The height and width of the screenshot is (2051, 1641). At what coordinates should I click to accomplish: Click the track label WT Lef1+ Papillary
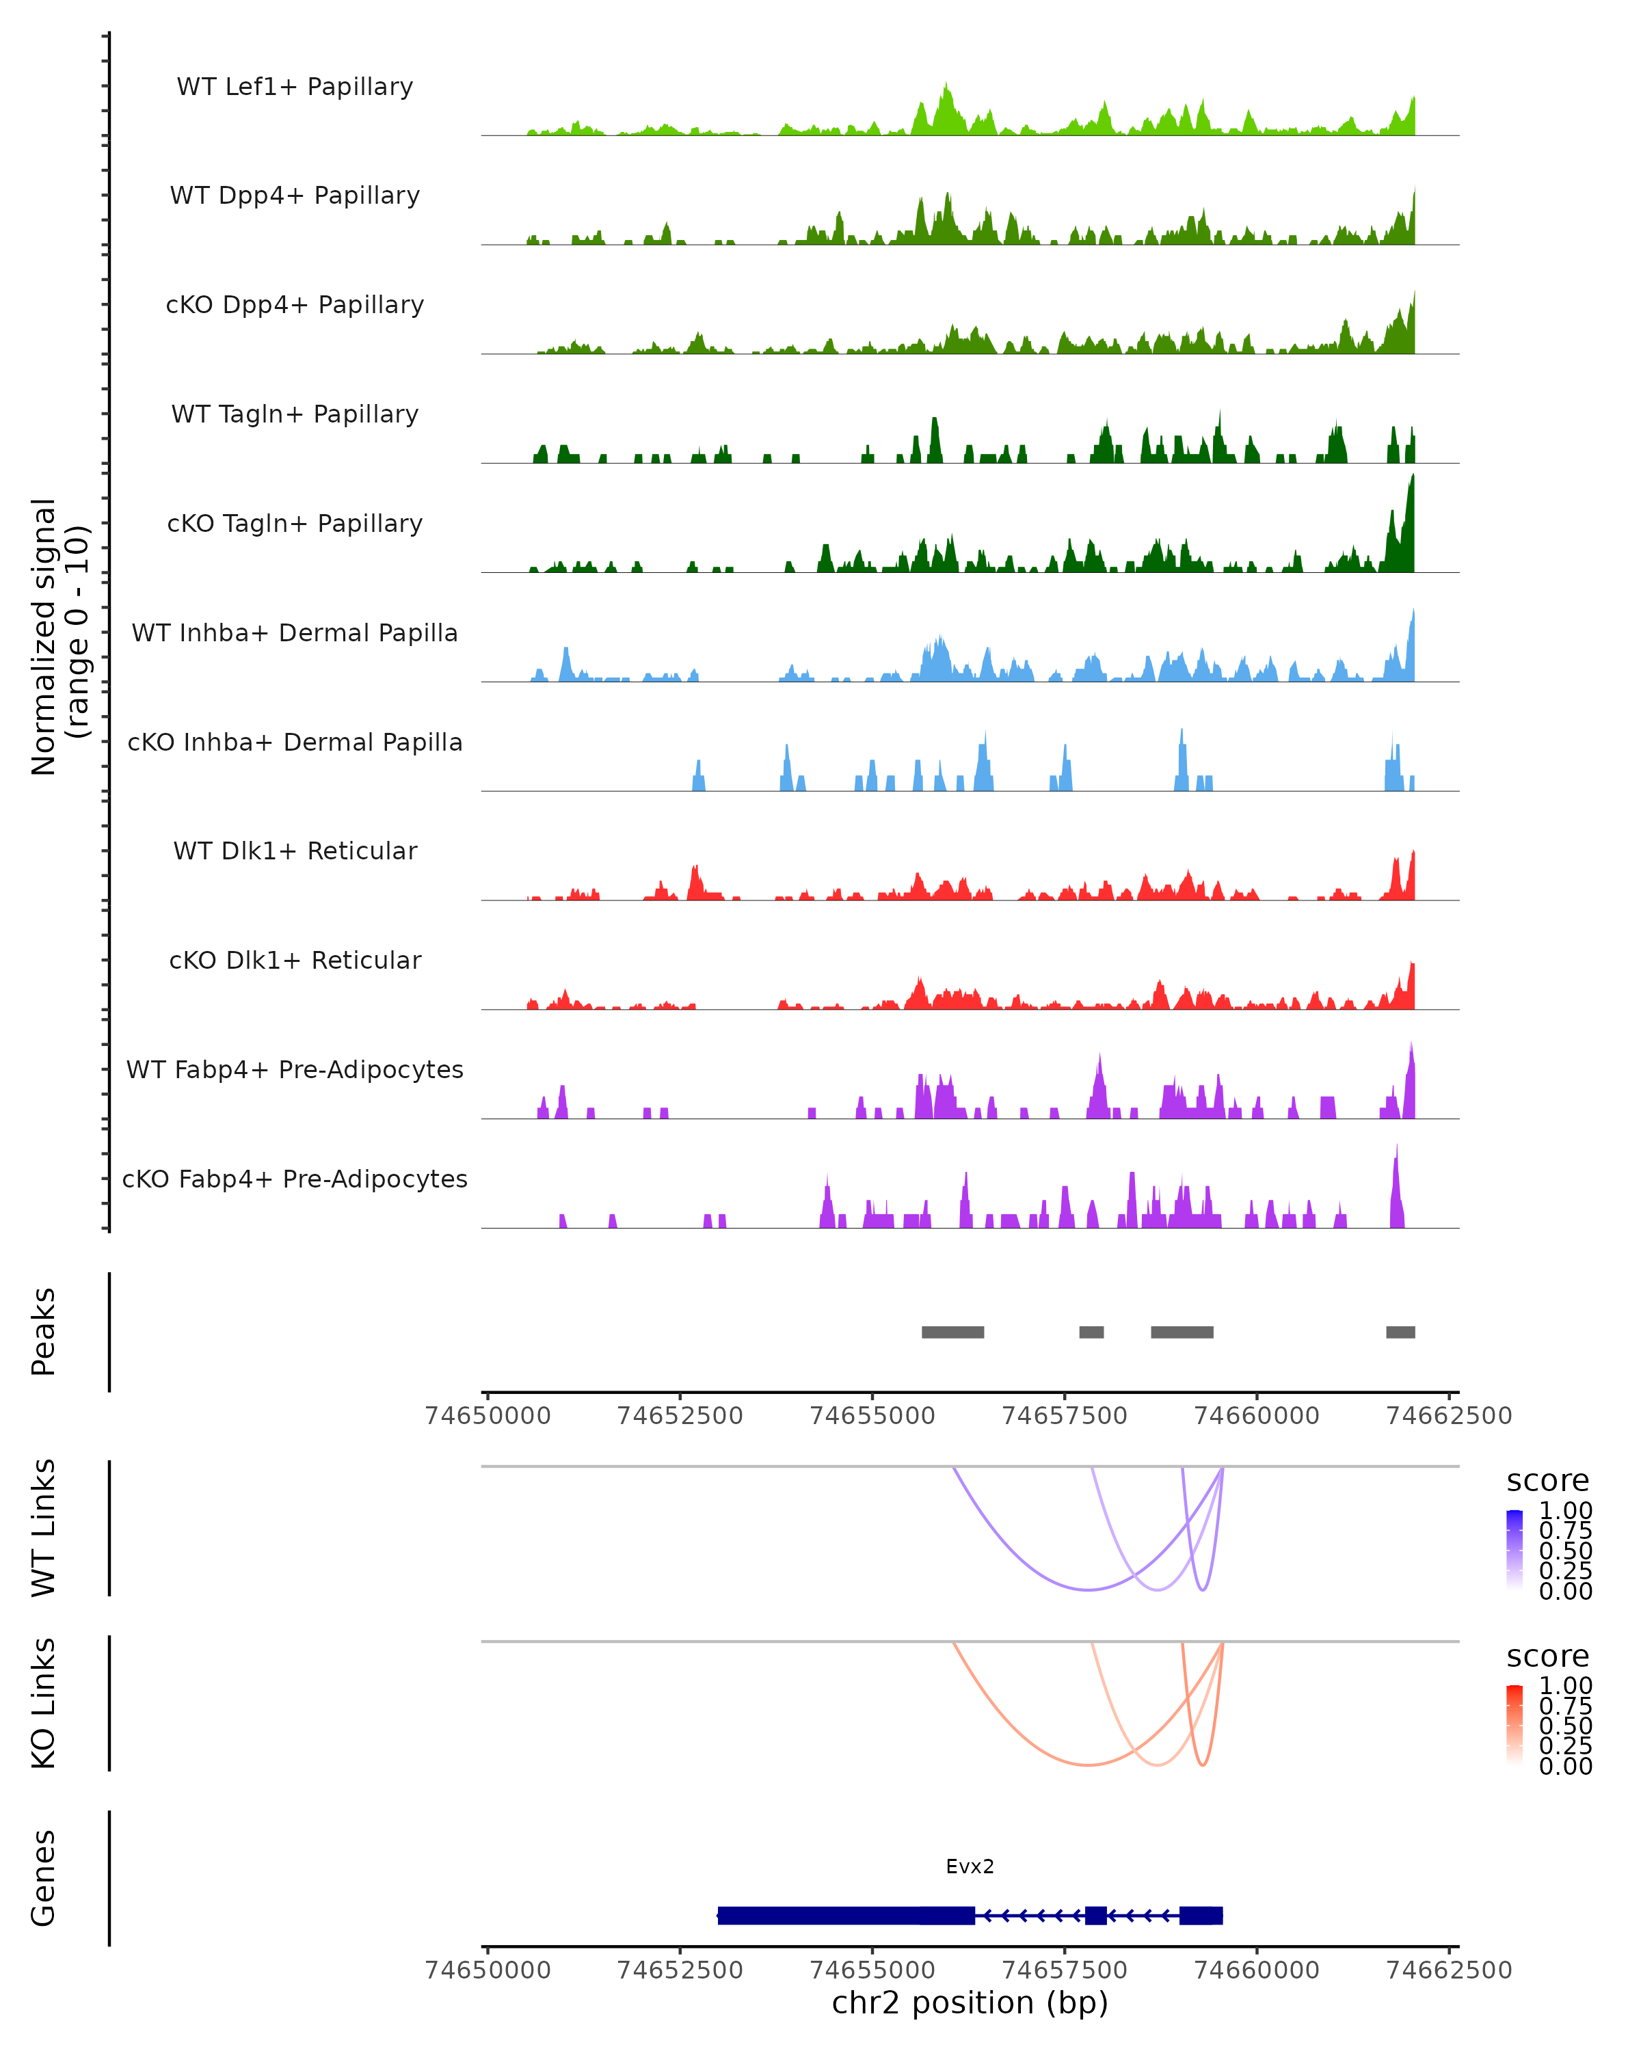(295, 87)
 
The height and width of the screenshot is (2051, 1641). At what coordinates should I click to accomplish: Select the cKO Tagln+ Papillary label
(295, 523)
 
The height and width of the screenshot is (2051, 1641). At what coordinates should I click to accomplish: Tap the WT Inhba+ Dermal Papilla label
(295, 632)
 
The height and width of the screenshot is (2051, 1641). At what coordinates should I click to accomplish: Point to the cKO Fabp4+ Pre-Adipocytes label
(295, 1179)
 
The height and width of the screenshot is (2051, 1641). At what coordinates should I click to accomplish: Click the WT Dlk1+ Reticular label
(295, 850)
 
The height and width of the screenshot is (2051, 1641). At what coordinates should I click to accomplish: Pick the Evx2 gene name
(970, 1866)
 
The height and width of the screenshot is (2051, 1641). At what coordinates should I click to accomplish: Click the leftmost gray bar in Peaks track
(952, 1332)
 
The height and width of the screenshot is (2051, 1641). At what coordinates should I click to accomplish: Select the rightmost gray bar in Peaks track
(1400, 1332)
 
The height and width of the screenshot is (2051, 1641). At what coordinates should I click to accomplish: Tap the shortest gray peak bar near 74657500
(1091, 1332)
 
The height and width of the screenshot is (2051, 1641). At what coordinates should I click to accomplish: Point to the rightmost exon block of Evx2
(1201, 1915)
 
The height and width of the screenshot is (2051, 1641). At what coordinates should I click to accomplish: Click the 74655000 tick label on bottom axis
(872, 1969)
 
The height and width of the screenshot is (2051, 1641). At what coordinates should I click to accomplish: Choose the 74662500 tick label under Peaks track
(1449, 1416)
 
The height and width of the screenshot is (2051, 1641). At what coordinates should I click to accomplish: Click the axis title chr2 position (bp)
(970, 2002)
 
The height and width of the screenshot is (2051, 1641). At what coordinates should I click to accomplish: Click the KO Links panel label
(44, 1703)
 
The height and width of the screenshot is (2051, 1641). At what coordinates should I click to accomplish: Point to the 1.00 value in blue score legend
(1565, 1511)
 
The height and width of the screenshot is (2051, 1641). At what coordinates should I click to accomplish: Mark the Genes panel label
(44, 1878)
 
